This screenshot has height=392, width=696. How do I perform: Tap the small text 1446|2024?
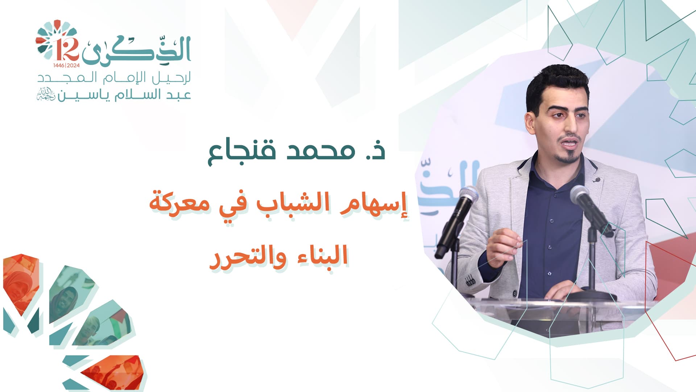pos(66,66)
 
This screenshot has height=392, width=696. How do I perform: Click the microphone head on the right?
pos(580,196)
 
